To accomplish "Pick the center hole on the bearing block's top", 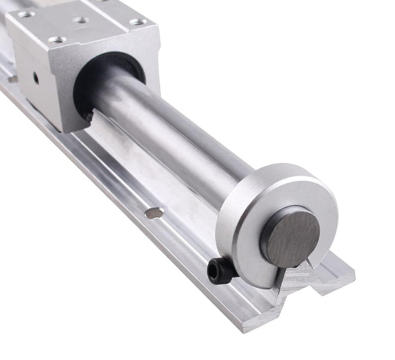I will coord(81,20).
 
